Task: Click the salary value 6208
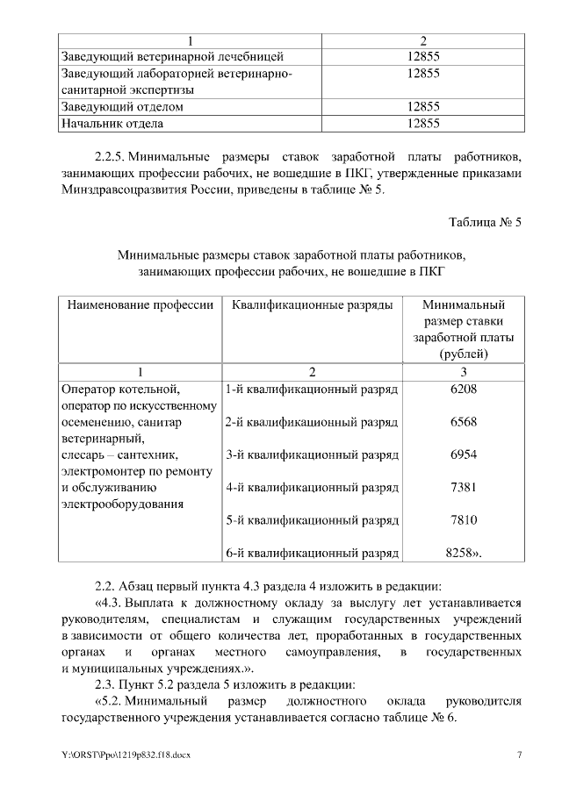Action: coord(463,389)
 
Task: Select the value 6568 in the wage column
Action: coord(463,422)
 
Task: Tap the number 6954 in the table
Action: coord(463,454)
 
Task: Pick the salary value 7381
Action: coord(463,488)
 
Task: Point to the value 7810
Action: coord(463,520)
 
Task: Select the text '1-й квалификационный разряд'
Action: coord(312,389)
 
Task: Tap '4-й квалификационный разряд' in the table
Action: coord(312,488)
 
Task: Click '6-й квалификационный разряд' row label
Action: coord(312,554)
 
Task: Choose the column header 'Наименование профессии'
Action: coord(137,305)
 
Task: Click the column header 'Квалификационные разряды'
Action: coord(312,305)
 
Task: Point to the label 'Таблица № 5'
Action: coord(485,221)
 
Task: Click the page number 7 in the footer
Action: coord(519,755)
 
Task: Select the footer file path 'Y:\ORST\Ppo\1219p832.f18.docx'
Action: coord(126,755)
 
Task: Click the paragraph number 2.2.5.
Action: coord(112,157)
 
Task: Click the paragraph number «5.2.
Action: coord(111,701)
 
